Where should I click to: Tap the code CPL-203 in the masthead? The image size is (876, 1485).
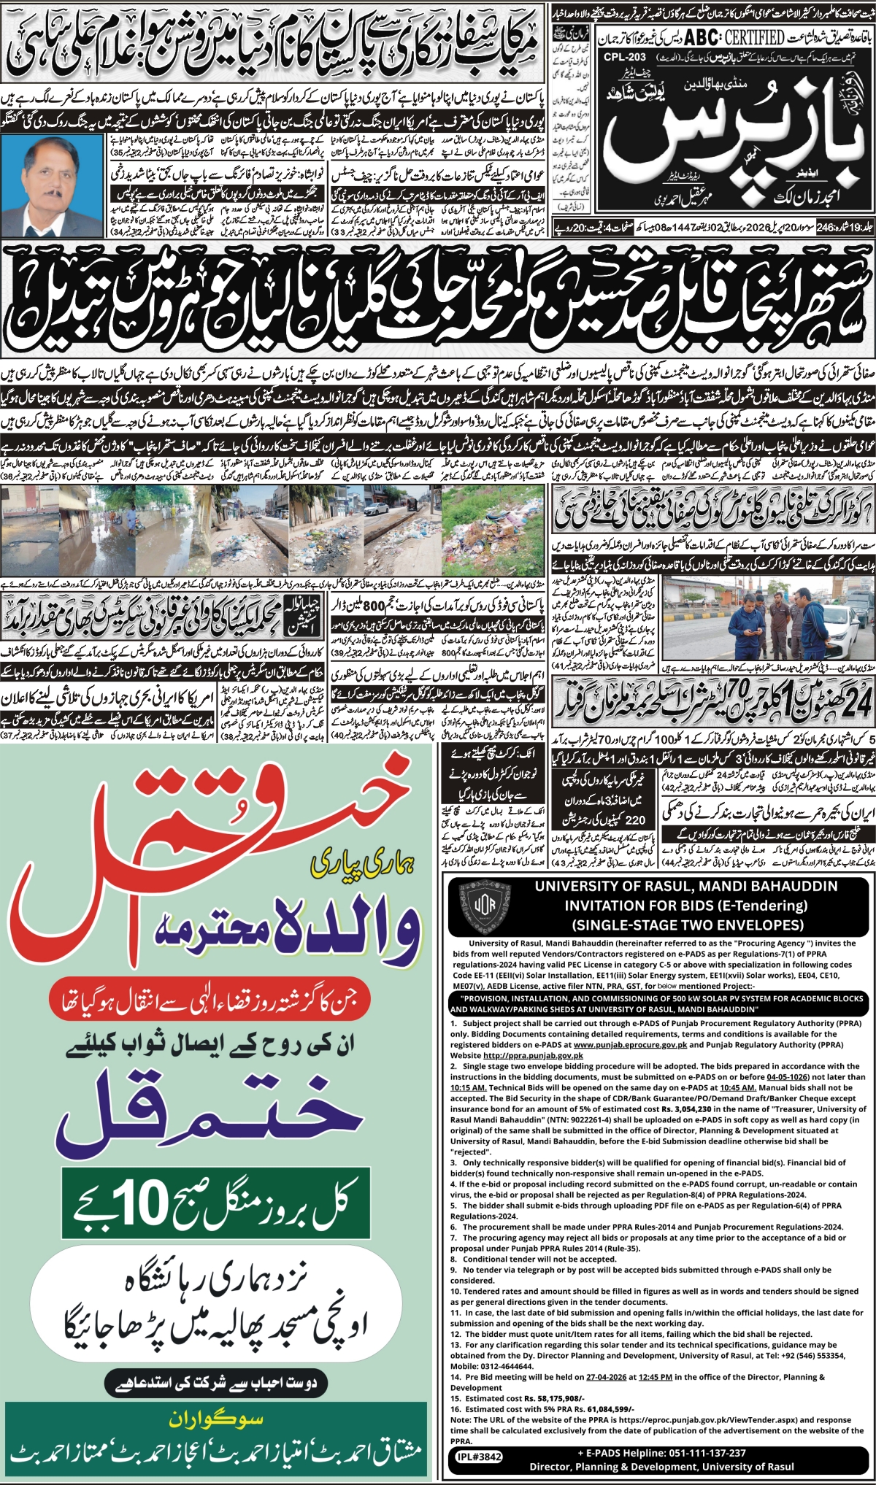pos(626,56)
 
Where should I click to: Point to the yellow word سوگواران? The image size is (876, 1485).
pos(216,1419)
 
